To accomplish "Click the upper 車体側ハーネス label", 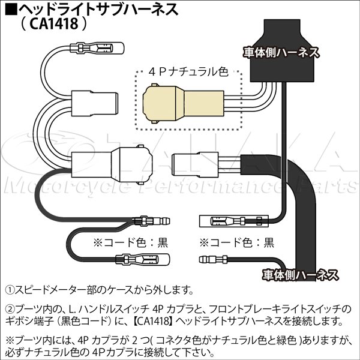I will (280, 52).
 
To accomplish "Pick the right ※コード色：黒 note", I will (236, 243).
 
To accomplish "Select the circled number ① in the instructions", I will (10, 290).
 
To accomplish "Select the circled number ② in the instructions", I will (10, 308).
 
